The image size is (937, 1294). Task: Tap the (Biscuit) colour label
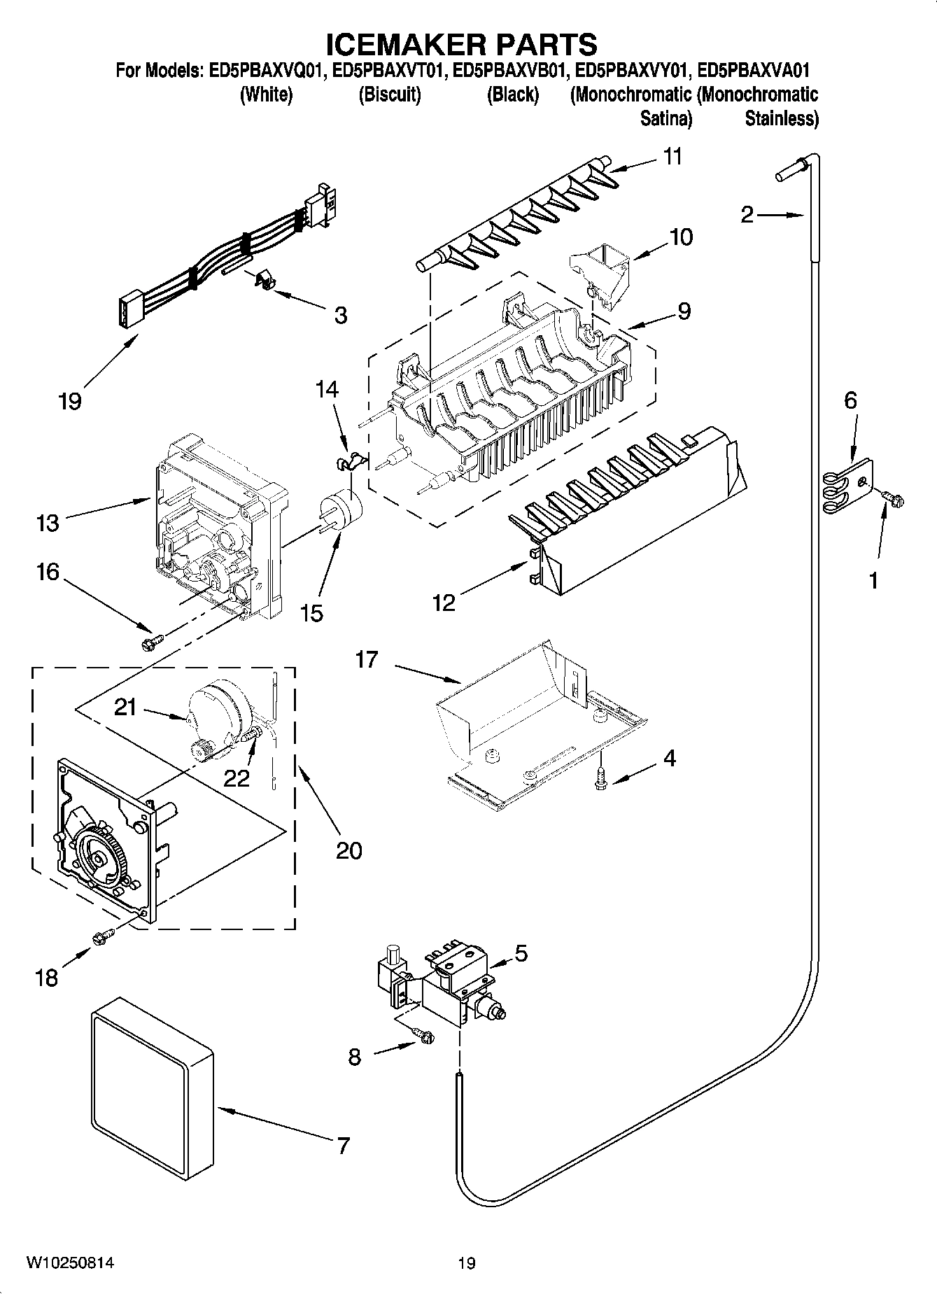click(x=390, y=94)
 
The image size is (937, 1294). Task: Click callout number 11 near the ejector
click(x=672, y=157)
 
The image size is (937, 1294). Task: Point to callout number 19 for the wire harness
click(x=71, y=401)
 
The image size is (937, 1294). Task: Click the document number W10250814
click(x=70, y=1263)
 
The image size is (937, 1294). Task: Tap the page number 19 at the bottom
click(x=467, y=1263)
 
